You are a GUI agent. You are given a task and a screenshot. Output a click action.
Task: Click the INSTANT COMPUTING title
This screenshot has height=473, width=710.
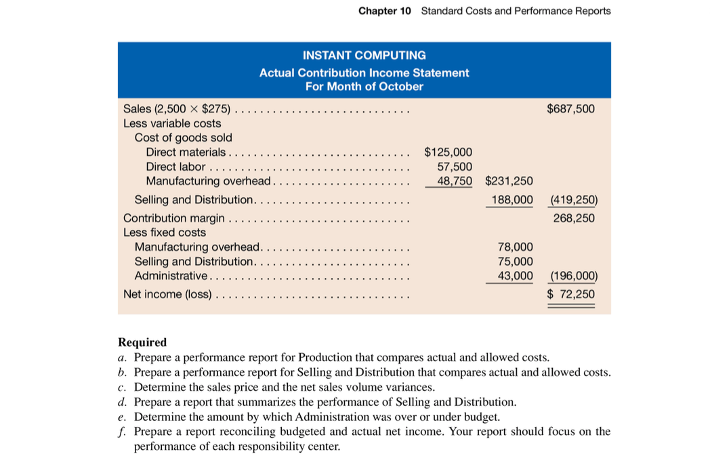364,56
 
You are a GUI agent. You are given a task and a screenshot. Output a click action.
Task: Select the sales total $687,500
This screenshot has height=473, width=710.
570,108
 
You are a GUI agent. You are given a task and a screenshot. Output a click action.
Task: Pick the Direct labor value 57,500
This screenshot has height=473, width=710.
455,167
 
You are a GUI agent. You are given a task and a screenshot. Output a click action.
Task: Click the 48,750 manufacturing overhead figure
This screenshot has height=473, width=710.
455,181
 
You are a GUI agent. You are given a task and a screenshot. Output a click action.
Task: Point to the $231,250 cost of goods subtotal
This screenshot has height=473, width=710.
509,181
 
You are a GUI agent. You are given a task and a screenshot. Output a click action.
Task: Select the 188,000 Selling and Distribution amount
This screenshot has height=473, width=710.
510,200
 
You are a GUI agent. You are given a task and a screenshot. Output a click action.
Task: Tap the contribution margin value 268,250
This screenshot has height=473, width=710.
574,218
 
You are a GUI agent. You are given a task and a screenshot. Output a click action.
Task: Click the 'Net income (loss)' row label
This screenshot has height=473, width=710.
167,294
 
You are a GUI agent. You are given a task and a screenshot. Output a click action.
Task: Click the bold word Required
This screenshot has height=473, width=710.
142,342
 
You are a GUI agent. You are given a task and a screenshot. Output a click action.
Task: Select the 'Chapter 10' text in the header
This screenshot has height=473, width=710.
384,11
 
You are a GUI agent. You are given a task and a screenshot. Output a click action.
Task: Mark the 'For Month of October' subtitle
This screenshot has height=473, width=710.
364,87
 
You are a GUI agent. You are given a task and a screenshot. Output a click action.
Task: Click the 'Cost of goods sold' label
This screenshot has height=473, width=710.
183,138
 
